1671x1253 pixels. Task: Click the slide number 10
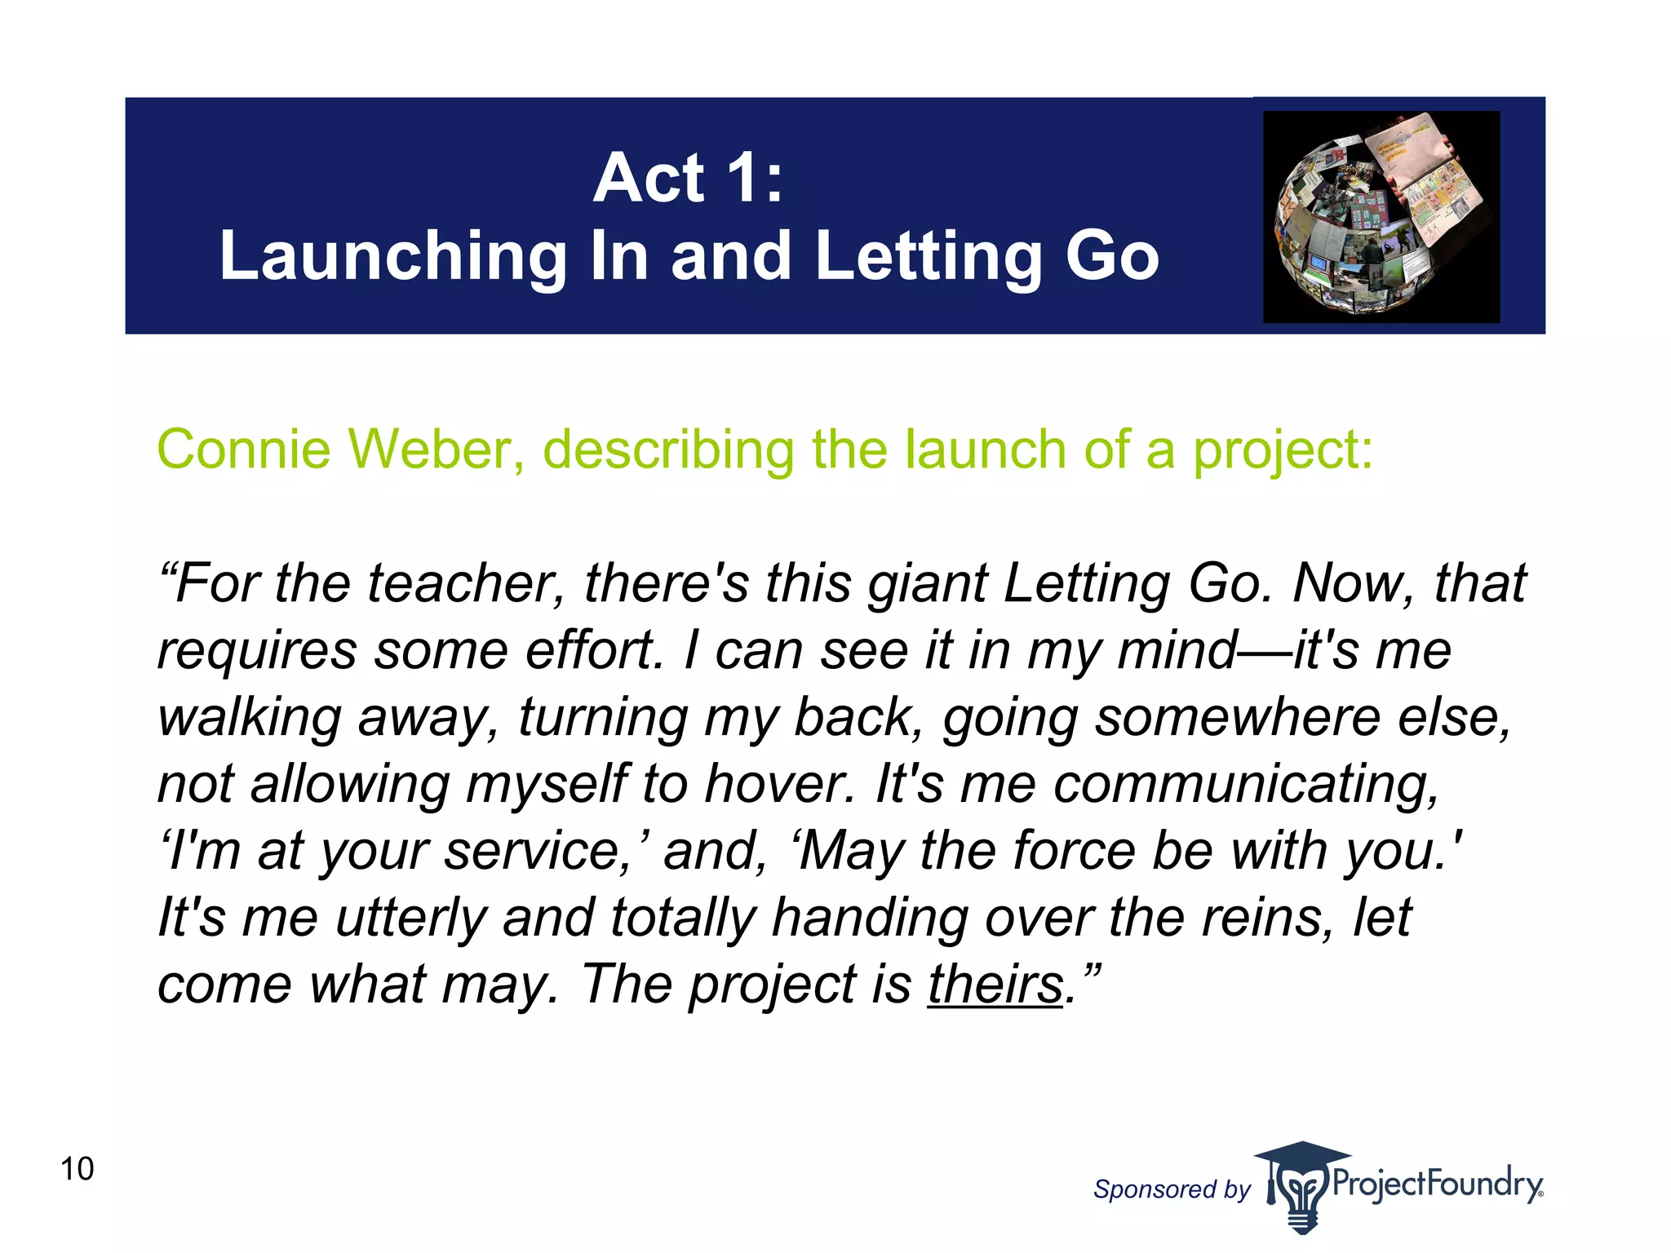point(78,1168)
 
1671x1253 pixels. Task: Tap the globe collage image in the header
point(1381,216)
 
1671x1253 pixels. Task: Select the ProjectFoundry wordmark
point(1437,1183)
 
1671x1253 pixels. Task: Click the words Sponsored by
point(1172,1189)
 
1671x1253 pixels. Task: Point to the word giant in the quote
point(927,584)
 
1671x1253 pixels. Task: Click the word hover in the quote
point(780,784)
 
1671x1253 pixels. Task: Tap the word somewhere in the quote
point(1237,717)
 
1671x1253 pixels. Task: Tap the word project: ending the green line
point(1283,451)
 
